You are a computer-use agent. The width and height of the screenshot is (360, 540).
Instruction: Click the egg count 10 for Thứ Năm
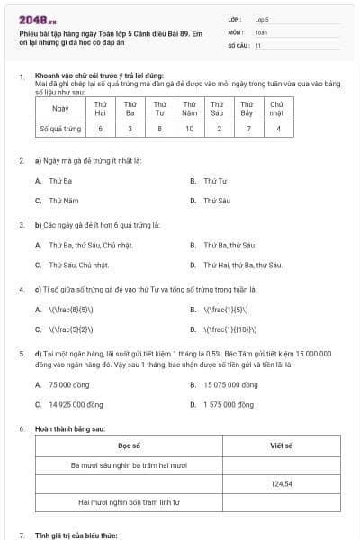[x=189, y=129]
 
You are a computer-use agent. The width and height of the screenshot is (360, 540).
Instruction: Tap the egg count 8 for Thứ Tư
[x=159, y=129]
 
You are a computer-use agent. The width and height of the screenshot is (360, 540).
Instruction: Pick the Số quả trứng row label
[x=61, y=129]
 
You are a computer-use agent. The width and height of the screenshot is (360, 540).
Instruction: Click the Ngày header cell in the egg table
[x=61, y=108]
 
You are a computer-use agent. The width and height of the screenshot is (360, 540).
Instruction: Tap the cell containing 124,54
[x=282, y=483]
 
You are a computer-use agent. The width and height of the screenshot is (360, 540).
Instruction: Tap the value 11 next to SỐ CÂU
[x=258, y=45]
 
